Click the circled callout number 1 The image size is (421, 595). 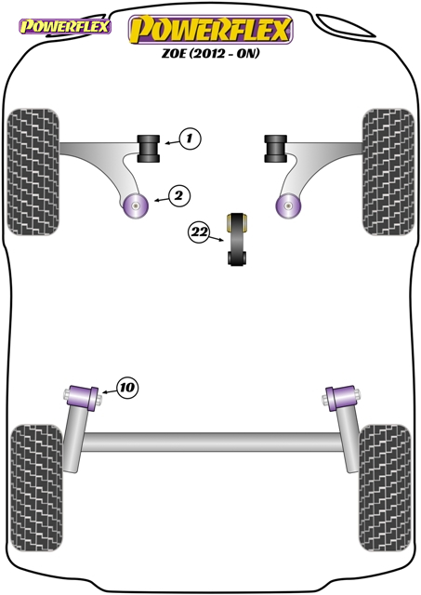point(190,139)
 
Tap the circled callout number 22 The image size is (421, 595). point(199,231)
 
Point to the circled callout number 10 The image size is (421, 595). point(127,388)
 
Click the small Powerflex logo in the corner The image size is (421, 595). point(65,27)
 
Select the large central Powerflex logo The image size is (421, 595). point(210,30)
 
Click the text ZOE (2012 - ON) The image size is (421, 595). point(210,54)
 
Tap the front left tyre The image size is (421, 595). point(33,172)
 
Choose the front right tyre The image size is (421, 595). point(388,172)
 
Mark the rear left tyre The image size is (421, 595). point(36,488)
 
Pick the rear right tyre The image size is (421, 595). point(385,488)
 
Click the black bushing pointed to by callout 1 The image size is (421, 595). point(149,149)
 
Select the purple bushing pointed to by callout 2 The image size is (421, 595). point(136,205)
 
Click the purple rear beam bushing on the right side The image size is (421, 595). point(341,398)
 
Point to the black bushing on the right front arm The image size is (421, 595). point(276,149)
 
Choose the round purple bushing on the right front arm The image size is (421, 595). point(288,205)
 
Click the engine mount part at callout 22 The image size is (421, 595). point(237,239)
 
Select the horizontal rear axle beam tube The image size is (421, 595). point(212,443)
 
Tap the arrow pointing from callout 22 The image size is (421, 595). point(216,238)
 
